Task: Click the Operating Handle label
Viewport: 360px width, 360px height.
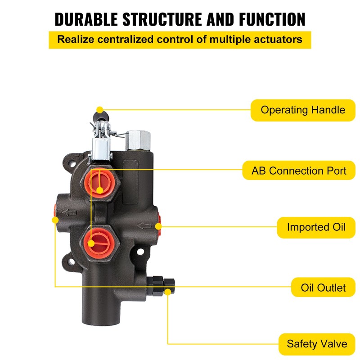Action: (x=303, y=110)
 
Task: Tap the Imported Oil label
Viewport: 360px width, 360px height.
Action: (x=316, y=227)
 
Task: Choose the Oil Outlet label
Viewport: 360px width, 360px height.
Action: (x=324, y=287)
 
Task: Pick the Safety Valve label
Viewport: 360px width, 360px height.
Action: (x=317, y=344)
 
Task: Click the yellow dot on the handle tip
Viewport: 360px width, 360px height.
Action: (x=99, y=109)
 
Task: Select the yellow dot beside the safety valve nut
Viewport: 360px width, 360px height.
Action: (x=168, y=292)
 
